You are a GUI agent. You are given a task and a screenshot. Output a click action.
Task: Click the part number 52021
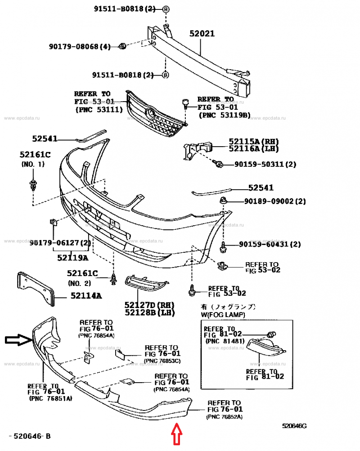click(x=202, y=34)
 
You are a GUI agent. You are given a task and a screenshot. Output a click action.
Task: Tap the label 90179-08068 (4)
click(x=80, y=46)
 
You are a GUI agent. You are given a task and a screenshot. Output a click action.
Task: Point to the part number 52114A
click(x=85, y=295)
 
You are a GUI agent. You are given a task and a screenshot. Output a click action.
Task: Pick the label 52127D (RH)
click(x=150, y=305)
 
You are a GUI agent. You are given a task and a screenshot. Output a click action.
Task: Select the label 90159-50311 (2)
click(x=265, y=164)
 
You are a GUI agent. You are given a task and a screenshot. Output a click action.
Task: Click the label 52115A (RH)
click(x=253, y=141)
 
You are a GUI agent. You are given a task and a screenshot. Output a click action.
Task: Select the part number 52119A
click(x=72, y=258)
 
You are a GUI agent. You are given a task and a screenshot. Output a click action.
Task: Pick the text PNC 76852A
click(x=224, y=417)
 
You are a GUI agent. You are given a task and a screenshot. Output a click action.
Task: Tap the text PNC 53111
click(x=99, y=109)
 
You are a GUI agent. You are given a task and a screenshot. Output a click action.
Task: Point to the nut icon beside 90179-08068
click(x=122, y=46)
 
